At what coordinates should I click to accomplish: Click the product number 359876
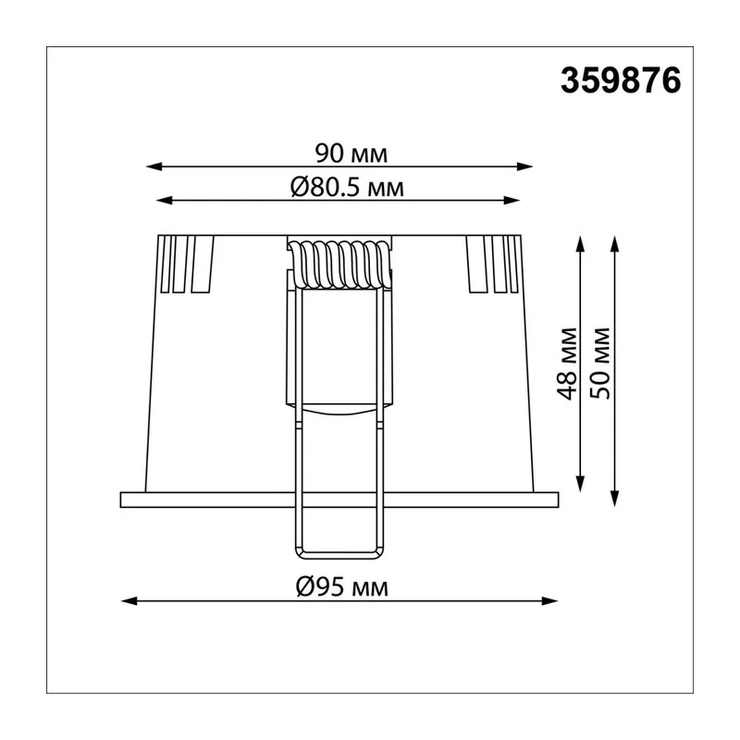click(x=621, y=80)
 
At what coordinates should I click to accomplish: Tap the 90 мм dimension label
click(x=351, y=154)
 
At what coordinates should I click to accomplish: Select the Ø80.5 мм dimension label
click(x=347, y=188)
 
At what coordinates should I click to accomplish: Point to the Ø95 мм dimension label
click(x=341, y=587)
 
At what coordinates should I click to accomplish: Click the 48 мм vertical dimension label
click(x=567, y=364)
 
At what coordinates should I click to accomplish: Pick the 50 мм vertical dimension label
click(x=600, y=364)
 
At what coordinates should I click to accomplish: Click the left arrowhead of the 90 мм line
click(x=154, y=166)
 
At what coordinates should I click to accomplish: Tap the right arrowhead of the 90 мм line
click(x=524, y=166)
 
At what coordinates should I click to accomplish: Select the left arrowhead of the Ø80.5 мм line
click(x=165, y=201)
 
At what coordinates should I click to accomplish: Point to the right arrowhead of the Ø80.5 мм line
click(x=512, y=201)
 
